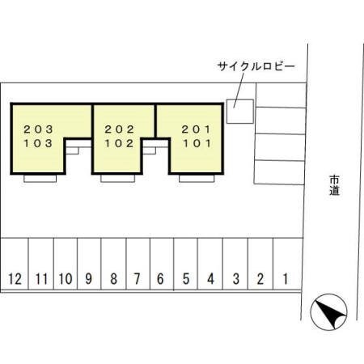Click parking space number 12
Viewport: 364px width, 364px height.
pos(15,264)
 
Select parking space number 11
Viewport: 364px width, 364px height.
pos(41,264)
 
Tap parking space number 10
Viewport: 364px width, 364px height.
pos(66,264)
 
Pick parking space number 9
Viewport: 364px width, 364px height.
pos(89,264)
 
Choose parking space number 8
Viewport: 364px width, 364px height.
pos(113,264)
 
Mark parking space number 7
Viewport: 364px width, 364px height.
pos(138,264)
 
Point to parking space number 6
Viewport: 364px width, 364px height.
pos(162,264)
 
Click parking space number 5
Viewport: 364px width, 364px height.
pos(185,264)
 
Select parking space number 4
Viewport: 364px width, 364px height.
pos(210,264)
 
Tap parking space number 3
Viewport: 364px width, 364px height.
pos(235,264)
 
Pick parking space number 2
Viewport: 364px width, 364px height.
pos(260,264)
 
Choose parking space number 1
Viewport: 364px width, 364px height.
pos(287,264)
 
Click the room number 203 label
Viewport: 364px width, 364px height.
pos(38,129)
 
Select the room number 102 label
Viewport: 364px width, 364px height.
pos(119,143)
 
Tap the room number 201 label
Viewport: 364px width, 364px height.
pos(196,129)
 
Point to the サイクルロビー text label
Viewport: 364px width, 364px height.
pos(256,66)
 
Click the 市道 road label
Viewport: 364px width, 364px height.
pos(334,185)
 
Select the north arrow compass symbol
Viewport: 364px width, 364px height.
pos(328,312)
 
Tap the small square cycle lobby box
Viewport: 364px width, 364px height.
pos(239,112)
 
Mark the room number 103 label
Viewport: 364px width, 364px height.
pos(38,143)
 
